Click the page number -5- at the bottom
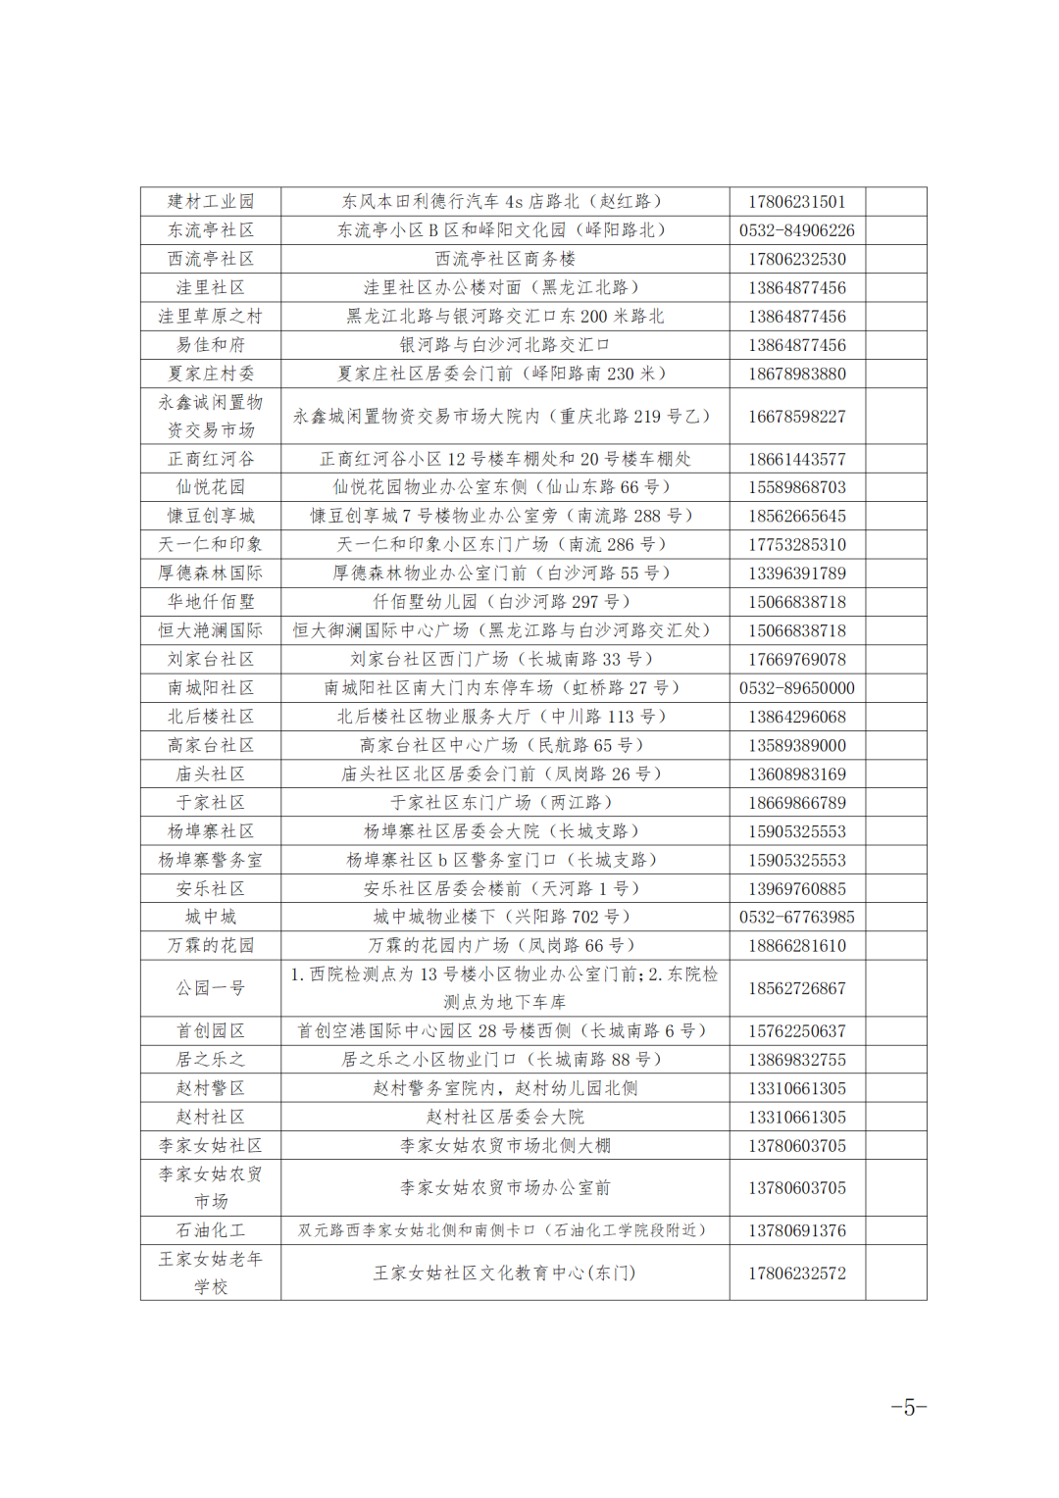coord(908,1408)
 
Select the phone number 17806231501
coord(796,202)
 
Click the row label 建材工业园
coord(211,202)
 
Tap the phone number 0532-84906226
coord(796,230)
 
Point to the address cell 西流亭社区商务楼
coord(505,259)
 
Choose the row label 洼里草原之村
coord(211,317)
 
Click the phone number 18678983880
coord(796,374)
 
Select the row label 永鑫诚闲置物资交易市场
coord(211,417)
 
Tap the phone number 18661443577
coord(796,459)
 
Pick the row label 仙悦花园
coord(211,487)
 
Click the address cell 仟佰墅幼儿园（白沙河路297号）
coord(505,602)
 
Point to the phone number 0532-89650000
coord(796,688)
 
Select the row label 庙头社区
coord(211,774)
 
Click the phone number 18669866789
coord(796,803)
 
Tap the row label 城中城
coord(211,917)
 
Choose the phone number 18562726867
coord(796,988)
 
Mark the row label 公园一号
coord(211,988)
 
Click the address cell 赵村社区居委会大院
coord(505,1117)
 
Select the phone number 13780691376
coord(796,1230)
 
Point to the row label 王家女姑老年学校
coord(211,1273)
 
